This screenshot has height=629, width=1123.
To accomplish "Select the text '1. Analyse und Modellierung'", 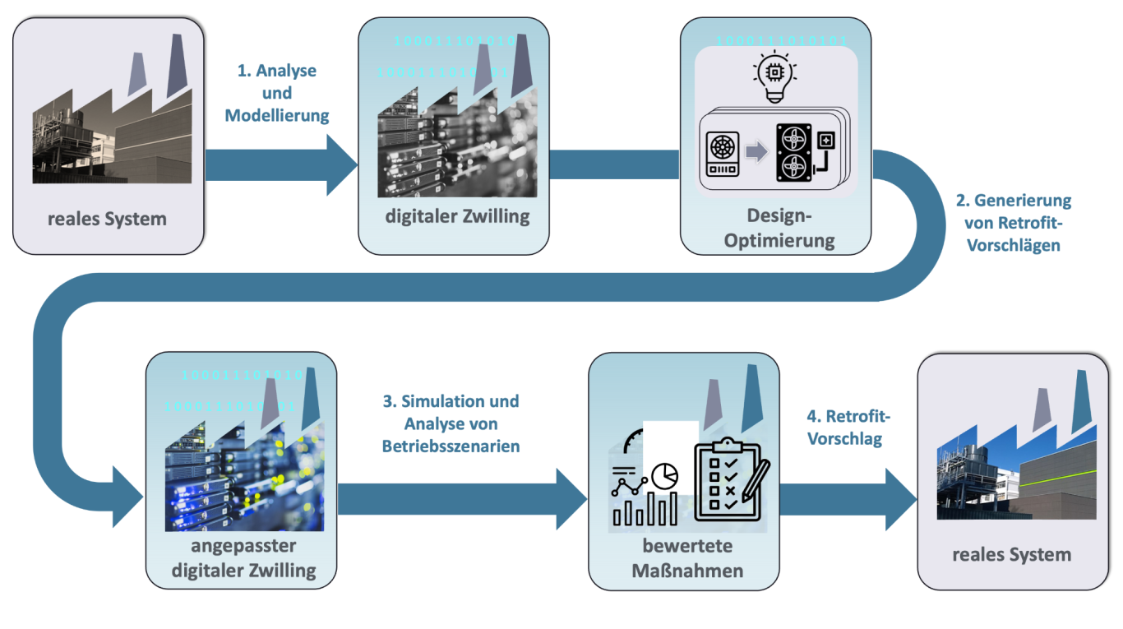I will pyautogui.click(x=276, y=93).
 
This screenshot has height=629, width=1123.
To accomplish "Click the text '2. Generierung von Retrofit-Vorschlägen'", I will pyautogui.click(x=1014, y=222).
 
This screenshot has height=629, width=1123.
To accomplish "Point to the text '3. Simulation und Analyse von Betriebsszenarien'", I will pyautogui.click(x=450, y=423).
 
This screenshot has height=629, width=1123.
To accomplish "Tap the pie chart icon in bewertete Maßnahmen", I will pyautogui.click(x=665, y=474).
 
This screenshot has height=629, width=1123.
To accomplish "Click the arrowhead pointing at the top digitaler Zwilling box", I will pyautogui.click(x=342, y=164).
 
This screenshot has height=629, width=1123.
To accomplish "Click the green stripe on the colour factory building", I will pyautogui.click(x=1060, y=476).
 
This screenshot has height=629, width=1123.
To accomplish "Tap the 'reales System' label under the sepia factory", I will pyautogui.click(x=107, y=219).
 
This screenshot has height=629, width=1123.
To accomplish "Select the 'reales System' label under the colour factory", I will pyautogui.click(x=1011, y=554).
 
